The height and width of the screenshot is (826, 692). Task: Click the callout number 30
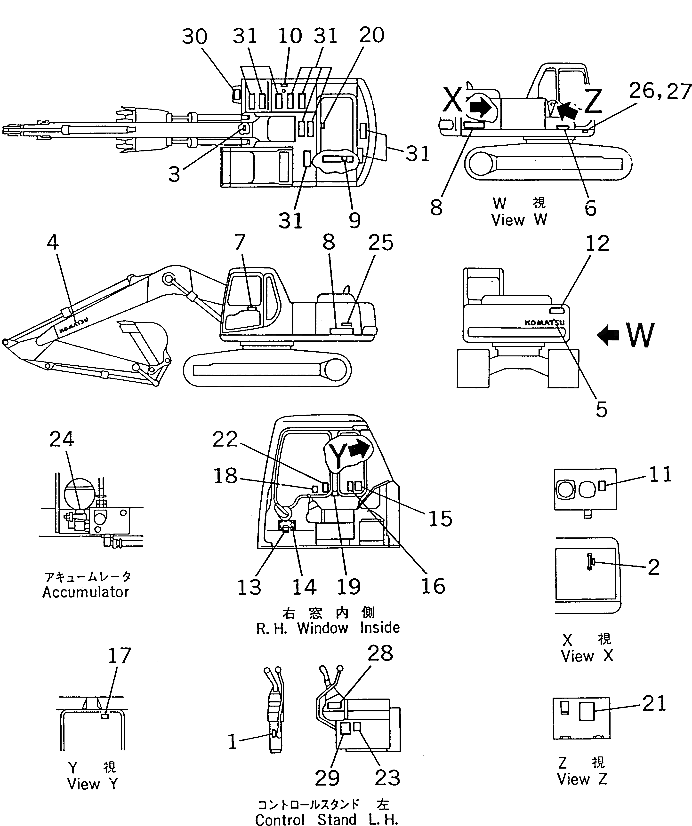(194, 37)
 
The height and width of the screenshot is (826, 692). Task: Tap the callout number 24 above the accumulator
(62, 439)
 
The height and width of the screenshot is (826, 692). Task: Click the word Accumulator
(86, 592)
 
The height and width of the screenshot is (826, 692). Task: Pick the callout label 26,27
(660, 91)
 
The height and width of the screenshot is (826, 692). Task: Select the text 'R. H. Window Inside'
(328, 628)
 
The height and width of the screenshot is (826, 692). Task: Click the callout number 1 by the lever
(233, 742)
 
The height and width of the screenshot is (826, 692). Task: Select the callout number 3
(174, 174)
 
